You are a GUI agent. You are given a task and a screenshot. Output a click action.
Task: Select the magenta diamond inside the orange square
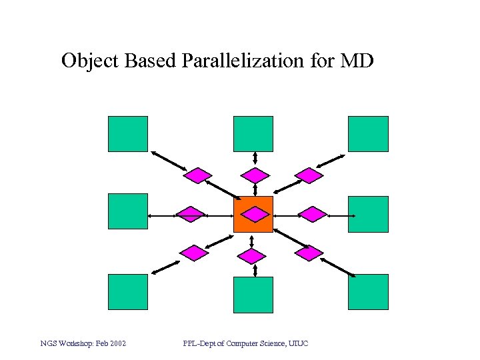(254, 214)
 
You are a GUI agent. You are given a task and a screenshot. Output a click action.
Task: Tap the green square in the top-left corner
(128, 134)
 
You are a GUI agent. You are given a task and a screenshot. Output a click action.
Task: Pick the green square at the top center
(253, 134)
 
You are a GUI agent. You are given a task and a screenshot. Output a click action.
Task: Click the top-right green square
(368, 134)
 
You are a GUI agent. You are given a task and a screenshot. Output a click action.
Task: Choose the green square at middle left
(128, 211)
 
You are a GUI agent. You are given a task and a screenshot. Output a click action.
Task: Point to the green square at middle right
(368, 214)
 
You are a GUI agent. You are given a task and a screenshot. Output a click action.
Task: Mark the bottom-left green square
(128, 292)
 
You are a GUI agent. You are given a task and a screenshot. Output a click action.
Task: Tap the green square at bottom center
(253, 295)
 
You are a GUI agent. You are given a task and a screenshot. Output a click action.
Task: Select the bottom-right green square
(368, 292)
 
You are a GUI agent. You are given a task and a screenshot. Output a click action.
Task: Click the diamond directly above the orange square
(255, 175)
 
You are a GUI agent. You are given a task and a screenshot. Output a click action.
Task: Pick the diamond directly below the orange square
(252, 255)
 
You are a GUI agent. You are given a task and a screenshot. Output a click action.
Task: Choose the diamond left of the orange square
(191, 215)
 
